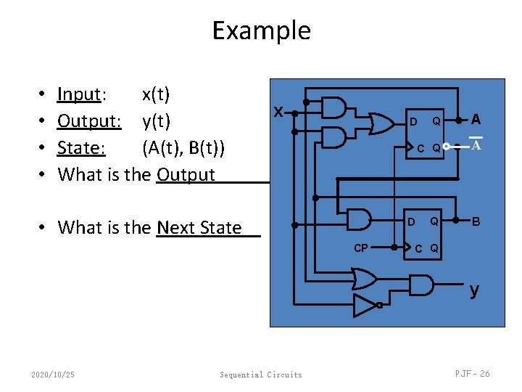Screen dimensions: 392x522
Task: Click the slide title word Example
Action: [x=261, y=30]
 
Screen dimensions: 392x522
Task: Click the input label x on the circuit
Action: [x=278, y=113]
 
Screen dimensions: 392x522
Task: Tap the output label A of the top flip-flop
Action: [x=476, y=119]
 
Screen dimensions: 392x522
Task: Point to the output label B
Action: [x=476, y=220]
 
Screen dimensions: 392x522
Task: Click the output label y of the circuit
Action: [x=473, y=290]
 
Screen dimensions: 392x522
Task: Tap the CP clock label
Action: [x=360, y=248]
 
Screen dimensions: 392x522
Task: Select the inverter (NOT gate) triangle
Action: [x=365, y=306]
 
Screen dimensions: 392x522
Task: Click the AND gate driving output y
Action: [x=420, y=285]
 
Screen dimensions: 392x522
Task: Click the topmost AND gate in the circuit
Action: [x=333, y=107]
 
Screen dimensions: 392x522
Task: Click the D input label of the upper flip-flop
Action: [x=413, y=122]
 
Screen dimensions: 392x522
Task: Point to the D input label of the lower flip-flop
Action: [x=411, y=221]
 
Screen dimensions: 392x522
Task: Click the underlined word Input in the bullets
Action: [x=79, y=94]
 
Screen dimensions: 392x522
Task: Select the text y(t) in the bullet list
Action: [x=156, y=121]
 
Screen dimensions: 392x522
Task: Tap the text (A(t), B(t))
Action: [x=183, y=147]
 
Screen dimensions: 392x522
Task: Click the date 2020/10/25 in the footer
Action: [x=53, y=375]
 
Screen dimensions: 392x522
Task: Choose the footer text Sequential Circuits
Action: [x=261, y=375]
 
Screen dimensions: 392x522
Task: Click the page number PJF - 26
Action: [x=472, y=373]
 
